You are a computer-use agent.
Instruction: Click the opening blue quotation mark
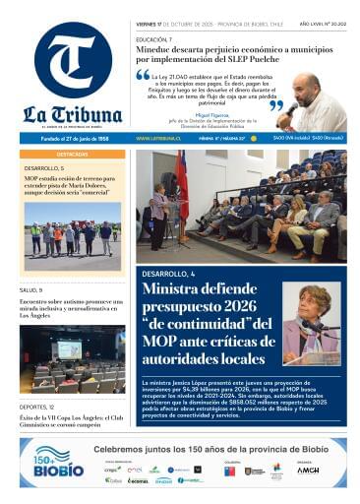(x=144, y=75)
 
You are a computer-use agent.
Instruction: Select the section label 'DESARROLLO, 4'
(x=169, y=272)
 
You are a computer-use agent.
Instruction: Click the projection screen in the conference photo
(x=69, y=349)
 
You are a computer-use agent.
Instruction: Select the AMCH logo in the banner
(x=308, y=471)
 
